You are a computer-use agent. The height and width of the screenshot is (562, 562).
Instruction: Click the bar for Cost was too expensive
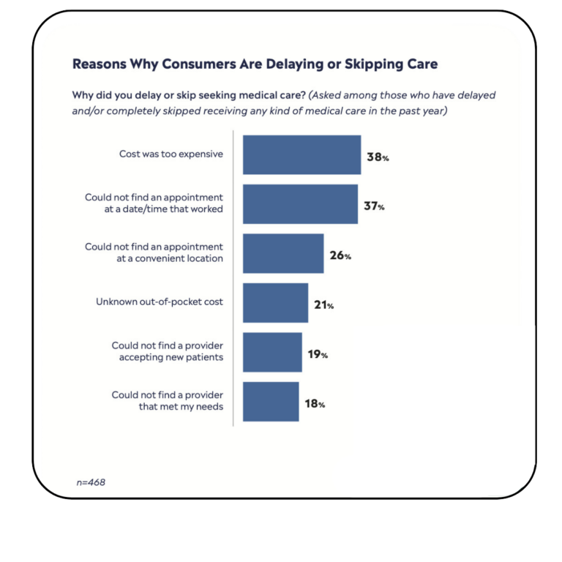coord(301,154)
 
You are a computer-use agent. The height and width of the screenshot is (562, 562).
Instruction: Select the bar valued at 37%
coord(300,204)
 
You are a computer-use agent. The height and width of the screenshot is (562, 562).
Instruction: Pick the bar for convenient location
coord(283,253)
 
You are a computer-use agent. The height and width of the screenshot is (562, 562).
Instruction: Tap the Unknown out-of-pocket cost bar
coord(275,303)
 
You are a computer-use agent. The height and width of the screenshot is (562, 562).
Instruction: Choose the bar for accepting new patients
coord(272,352)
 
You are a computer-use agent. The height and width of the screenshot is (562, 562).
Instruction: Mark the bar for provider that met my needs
coord(271,402)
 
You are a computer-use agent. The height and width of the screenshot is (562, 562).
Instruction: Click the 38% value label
coord(378,157)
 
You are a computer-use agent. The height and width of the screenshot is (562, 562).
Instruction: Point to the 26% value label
coord(340,256)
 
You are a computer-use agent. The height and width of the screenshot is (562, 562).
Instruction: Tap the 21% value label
coord(324,305)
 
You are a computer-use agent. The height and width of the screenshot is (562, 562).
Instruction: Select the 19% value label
coord(318,354)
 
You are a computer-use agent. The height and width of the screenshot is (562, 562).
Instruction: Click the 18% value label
coord(315,403)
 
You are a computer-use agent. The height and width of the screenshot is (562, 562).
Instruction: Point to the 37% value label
coord(375,206)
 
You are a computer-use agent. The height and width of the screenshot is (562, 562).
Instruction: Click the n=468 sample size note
coord(91,483)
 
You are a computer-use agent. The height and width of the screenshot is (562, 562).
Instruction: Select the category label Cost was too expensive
coord(171,154)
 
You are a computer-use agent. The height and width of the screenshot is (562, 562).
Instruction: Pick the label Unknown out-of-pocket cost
coord(160,301)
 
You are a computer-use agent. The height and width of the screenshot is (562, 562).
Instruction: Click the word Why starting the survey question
coord(83,95)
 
